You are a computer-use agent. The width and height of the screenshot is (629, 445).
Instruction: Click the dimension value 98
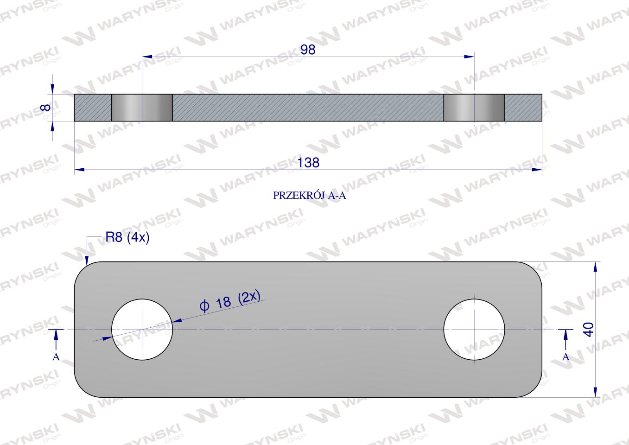click(x=308, y=50)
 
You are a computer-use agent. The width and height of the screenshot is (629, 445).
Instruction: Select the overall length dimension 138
click(x=308, y=163)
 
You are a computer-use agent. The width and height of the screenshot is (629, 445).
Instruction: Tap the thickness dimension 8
click(x=46, y=107)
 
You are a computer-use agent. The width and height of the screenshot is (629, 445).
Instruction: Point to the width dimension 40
click(x=589, y=329)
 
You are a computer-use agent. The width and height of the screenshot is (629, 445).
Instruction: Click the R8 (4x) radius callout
click(x=127, y=238)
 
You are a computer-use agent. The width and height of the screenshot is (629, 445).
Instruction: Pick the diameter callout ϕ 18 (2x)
click(x=230, y=301)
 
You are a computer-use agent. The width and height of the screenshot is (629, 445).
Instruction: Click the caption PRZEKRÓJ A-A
click(x=310, y=196)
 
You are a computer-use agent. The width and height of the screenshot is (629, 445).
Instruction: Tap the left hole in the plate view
click(x=142, y=329)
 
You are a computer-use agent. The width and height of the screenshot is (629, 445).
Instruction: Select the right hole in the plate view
click(x=474, y=329)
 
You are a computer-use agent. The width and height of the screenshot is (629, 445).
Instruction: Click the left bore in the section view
click(x=142, y=108)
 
